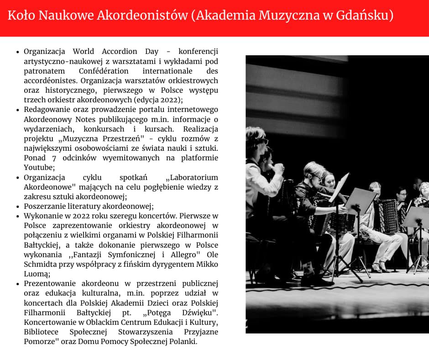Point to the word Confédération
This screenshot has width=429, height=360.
click(x=104, y=71)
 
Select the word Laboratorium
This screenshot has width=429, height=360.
click(x=192, y=177)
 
